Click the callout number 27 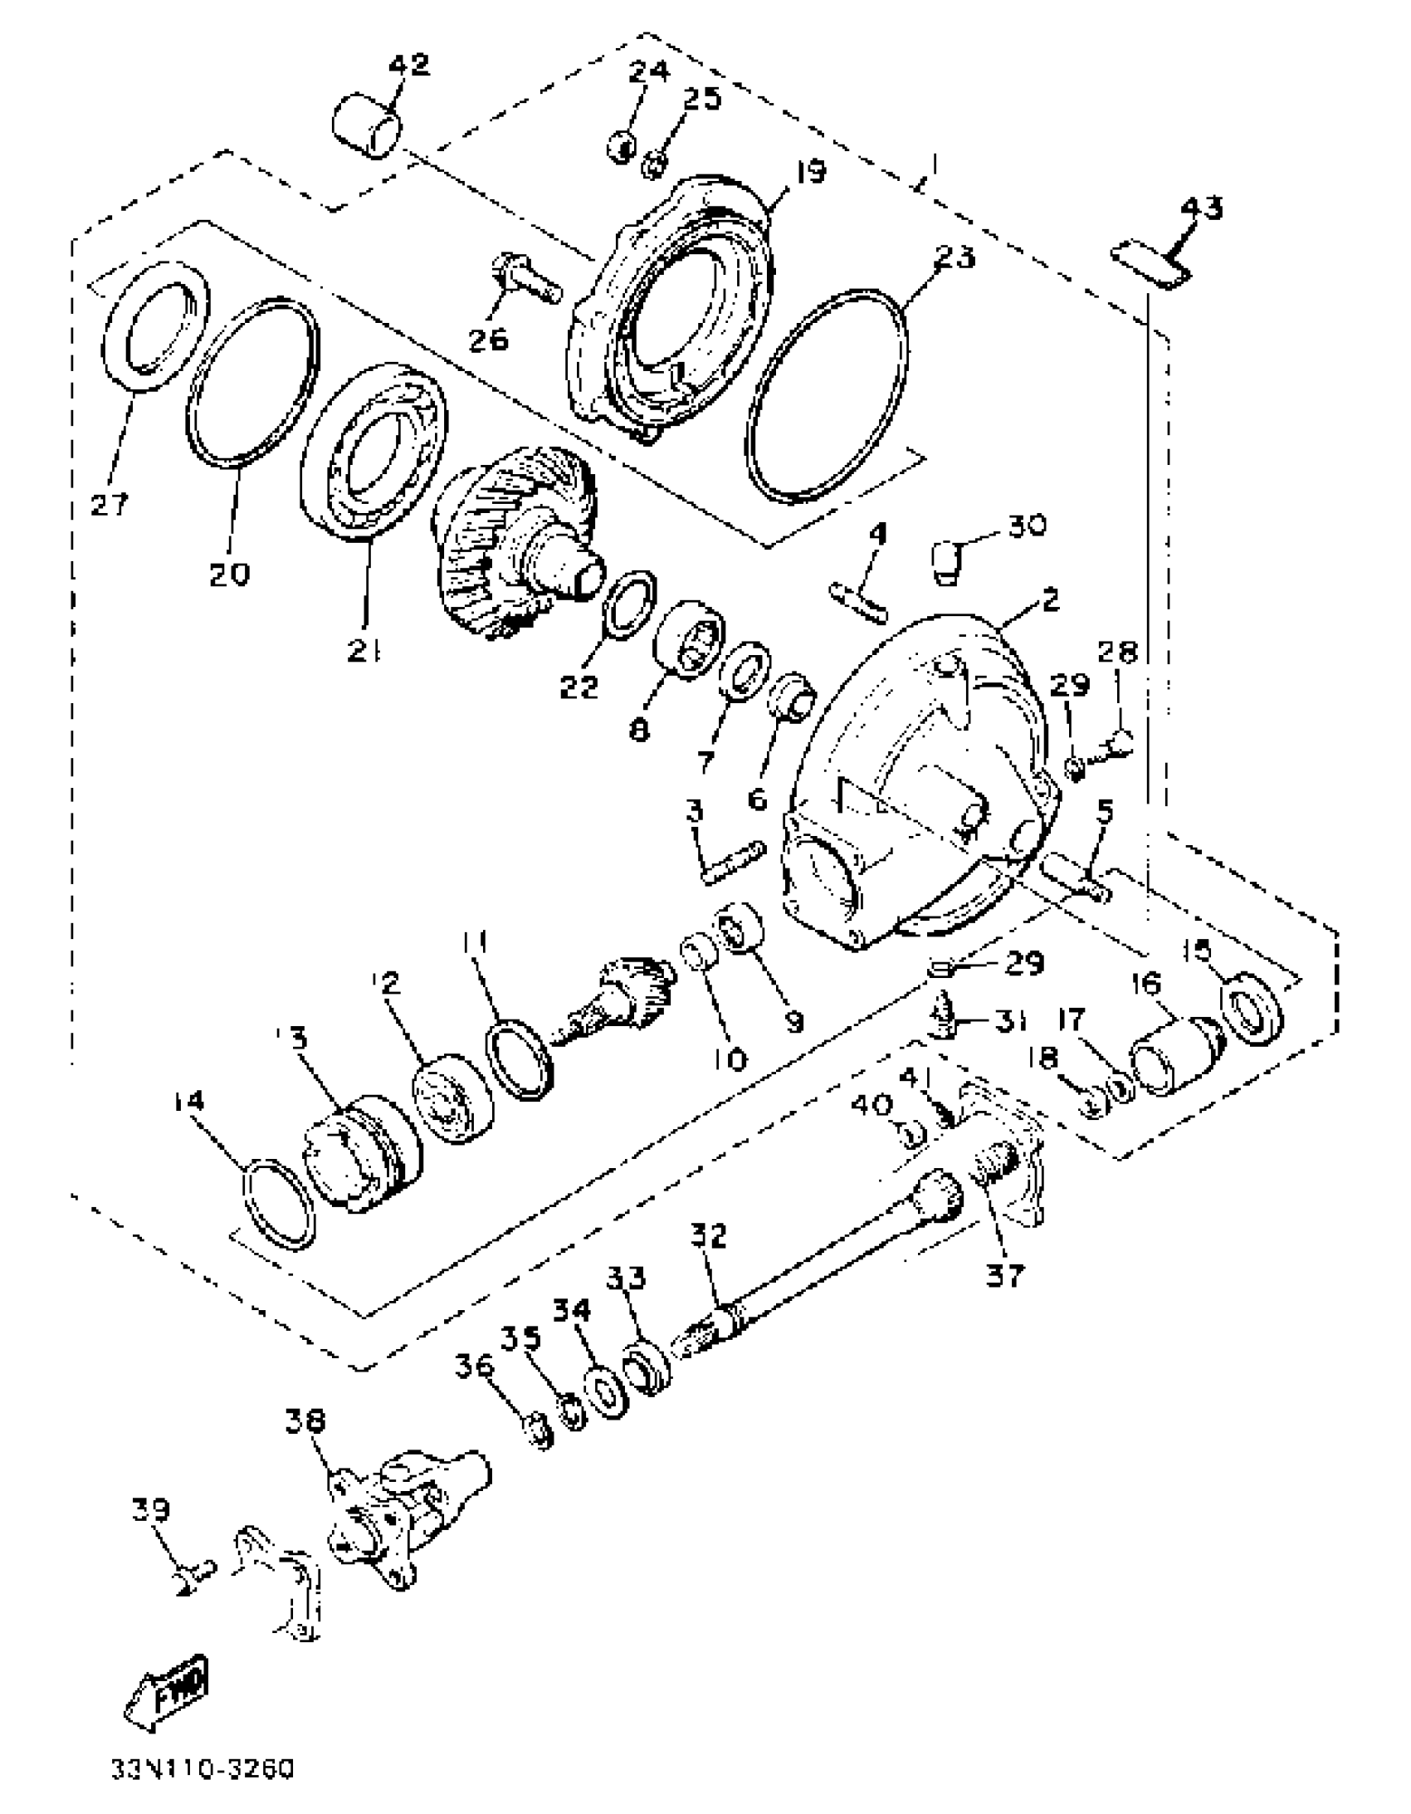click(x=110, y=503)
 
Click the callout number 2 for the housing click(x=1050, y=599)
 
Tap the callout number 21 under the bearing click(x=364, y=653)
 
